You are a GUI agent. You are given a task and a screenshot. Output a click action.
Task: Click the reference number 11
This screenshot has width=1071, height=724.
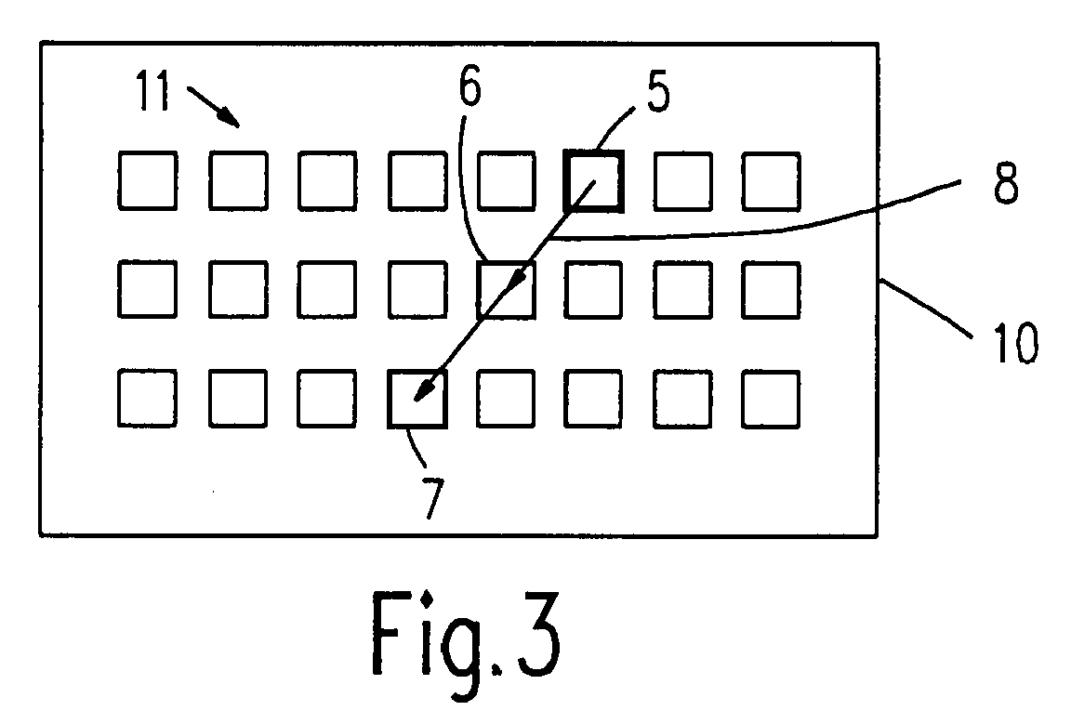(x=152, y=94)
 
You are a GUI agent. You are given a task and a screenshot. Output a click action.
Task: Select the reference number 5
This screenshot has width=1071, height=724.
(x=657, y=94)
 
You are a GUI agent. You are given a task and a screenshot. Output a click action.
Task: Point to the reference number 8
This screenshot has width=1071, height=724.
(x=1004, y=185)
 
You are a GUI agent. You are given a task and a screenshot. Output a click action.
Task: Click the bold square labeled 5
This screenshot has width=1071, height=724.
(x=593, y=181)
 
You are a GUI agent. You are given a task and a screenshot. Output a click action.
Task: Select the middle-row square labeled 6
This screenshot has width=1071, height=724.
(x=506, y=289)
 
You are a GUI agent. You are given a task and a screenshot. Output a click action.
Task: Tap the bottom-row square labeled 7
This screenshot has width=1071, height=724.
(x=417, y=399)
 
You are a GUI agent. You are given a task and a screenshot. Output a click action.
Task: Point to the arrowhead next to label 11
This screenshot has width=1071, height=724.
(x=226, y=115)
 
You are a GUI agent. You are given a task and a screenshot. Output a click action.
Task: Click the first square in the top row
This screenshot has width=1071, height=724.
(x=148, y=181)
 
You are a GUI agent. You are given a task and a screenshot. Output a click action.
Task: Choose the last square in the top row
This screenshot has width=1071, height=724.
(x=771, y=181)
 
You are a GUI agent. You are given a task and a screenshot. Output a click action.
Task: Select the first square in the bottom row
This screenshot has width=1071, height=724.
(x=148, y=399)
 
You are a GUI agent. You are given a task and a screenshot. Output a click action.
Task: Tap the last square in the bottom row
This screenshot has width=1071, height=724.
(x=771, y=399)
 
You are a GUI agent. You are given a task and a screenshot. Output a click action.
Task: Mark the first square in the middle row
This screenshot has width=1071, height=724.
(x=148, y=289)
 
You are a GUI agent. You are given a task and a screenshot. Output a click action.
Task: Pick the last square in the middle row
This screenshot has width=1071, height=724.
(x=771, y=289)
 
